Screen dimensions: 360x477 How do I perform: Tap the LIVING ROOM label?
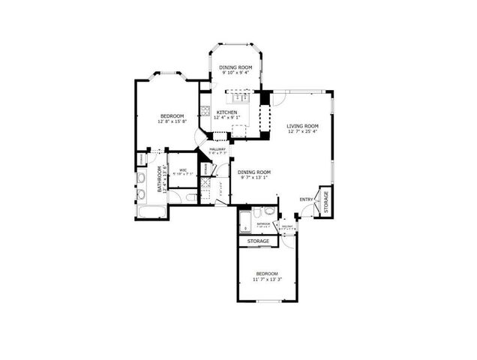point(303,126)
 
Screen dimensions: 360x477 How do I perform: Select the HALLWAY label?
point(217,149)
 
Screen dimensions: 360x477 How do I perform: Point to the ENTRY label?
point(306,199)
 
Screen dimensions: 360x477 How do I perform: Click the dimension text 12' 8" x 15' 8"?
point(172,121)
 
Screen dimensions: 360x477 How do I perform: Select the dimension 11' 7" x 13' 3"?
point(266,279)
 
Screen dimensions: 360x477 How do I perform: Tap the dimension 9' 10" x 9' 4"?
point(235,73)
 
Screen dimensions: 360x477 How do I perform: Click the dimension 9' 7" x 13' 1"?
point(256,178)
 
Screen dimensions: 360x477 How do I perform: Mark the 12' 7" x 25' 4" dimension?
point(303,132)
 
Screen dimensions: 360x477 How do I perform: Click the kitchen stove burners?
point(204,112)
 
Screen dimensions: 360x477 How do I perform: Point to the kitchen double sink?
point(241,97)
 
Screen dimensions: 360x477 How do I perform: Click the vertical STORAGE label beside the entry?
point(325,203)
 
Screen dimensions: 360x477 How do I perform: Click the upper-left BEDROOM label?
point(172,115)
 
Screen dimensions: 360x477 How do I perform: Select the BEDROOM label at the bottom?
point(266,273)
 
